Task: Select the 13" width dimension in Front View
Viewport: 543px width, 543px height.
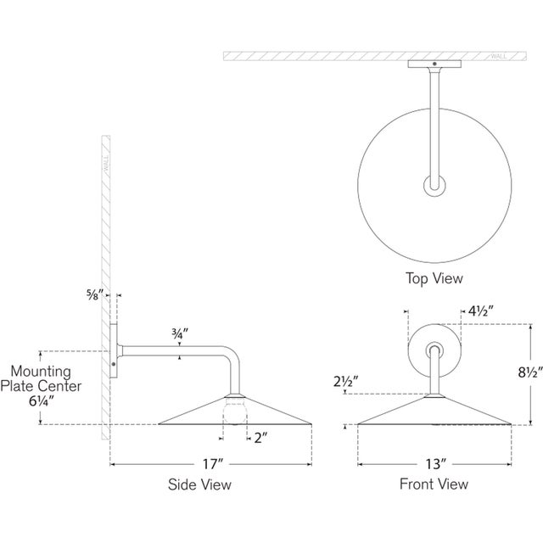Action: click(434, 464)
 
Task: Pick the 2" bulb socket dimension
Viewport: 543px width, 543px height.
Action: click(261, 439)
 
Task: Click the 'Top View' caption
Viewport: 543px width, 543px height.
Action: click(434, 277)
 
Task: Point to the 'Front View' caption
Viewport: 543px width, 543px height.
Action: click(434, 484)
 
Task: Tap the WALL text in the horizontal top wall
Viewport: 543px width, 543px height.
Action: click(499, 56)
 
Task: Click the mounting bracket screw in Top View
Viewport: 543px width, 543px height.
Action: click(434, 65)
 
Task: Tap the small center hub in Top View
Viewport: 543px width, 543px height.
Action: click(434, 184)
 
